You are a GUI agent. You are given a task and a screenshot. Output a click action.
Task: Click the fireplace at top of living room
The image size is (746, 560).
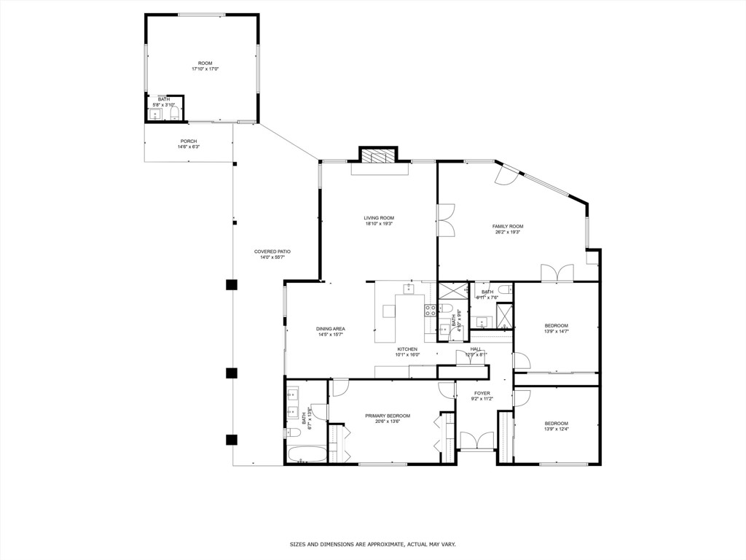click(378, 155)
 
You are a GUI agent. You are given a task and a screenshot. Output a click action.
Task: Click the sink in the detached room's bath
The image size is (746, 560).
click(156, 114)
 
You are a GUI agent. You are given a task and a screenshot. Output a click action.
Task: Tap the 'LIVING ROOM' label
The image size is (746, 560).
click(379, 218)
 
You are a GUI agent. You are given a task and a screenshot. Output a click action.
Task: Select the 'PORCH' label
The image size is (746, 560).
click(189, 141)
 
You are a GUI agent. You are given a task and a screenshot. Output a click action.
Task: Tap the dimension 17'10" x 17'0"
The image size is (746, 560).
click(205, 69)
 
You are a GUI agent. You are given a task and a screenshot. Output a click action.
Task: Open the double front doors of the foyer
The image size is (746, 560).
click(477, 442)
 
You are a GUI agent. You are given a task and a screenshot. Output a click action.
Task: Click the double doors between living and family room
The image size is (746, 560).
click(445, 219)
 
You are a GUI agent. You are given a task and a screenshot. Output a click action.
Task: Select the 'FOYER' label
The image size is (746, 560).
click(482, 393)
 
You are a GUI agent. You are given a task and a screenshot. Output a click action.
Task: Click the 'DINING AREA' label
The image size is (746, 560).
click(330, 329)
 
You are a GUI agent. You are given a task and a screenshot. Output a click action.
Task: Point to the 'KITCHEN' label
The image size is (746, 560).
click(407, 349)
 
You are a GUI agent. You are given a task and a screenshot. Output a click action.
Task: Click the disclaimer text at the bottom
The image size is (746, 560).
click(372, 545)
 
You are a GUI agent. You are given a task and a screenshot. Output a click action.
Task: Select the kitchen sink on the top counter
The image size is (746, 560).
click(409, 289)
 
